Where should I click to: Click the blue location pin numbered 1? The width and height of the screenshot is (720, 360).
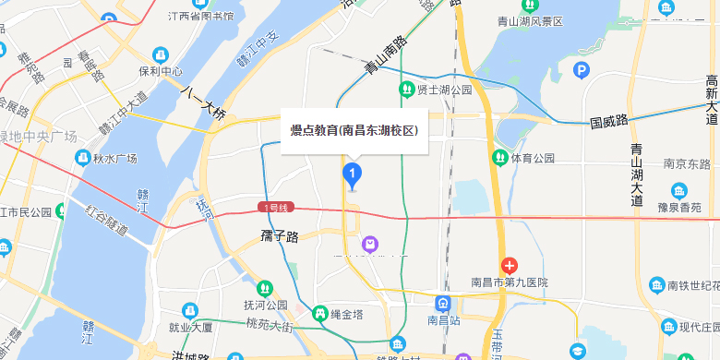click(x=352, y=174)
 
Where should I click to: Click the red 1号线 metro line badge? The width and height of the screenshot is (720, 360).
click(x=276, y=208)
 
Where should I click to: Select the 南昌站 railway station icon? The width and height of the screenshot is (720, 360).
click(x=444, y=303)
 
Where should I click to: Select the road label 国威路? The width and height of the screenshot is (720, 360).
click(x=609, y=121)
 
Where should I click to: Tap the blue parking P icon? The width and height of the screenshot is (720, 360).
click(x=582, y=69)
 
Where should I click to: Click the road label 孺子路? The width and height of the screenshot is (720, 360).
click(x=280, y=237)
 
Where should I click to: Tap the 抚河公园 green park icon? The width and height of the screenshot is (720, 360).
click(x=265, y=288)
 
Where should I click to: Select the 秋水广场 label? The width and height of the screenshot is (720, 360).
click(x=114, y=158)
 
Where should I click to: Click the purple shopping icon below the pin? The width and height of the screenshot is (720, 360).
click(x=370, y=244)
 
